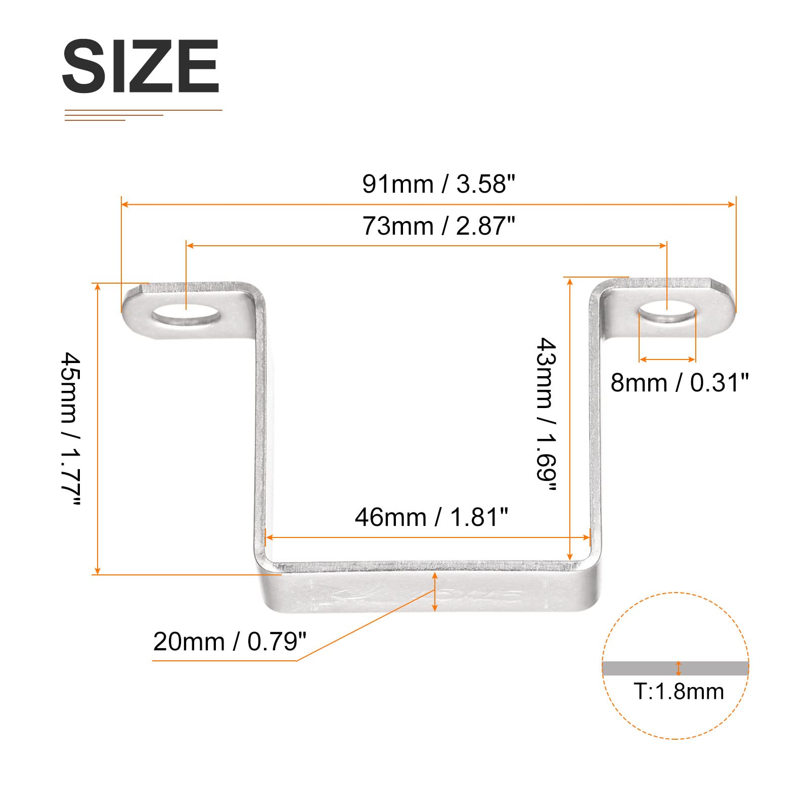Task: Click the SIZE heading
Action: [141, 66]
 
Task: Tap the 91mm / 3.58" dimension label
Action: [438, 184]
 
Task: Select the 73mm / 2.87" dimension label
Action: [438, 226]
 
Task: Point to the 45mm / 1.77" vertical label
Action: [71, 429]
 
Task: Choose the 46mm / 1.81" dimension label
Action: [431, 517]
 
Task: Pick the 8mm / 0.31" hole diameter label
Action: [679, 383]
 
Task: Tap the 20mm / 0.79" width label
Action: [230, 642]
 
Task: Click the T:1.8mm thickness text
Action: [679, 691]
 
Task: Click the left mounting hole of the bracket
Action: [187, 318]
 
